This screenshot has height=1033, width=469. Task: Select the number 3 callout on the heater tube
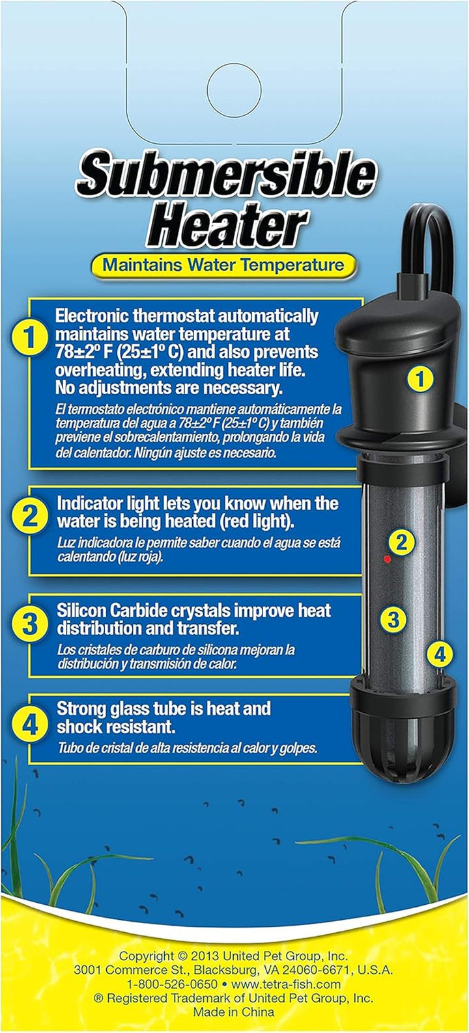[x=393, y=620]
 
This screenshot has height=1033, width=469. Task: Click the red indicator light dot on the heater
[x=387, y=558]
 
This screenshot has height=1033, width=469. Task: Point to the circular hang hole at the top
[x=234, y=89]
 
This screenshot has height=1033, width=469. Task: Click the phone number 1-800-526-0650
[x=171, y=984]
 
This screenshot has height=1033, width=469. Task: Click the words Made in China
[x=233, y=1013]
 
